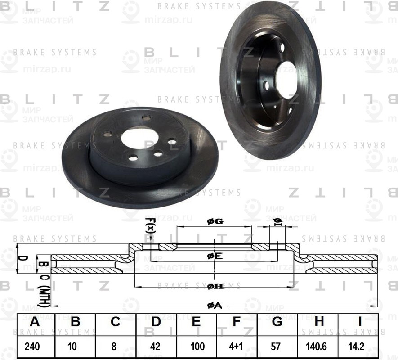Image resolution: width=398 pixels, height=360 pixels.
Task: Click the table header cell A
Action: pyautogui.click(x=35, y=322)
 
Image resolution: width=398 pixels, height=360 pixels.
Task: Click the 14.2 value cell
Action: pyautogui.click(x=358, y=346)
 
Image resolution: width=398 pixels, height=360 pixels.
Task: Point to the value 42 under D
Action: pyautogui.click(x=156, y=346)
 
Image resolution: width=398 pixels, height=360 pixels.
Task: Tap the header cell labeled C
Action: pyautogui.click(x=116, y=322)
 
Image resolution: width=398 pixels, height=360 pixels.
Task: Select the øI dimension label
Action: pyautogui.click(x=277, y=221)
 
